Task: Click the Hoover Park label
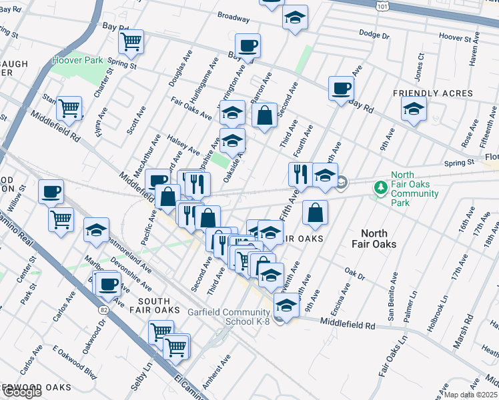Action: coord(77,61)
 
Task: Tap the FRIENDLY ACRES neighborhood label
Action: coord(432,94)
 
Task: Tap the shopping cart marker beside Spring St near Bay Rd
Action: coord(131,41)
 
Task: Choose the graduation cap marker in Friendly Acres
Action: coord(414,109)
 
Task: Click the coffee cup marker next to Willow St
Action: coord(51,192)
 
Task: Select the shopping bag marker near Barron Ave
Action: coord(265,115)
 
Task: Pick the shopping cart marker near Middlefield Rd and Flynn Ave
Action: coord(69,108)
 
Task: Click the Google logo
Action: coord(21,392)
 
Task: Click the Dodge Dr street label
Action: coord(374,33)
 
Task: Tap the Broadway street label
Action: coord(233,15)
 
